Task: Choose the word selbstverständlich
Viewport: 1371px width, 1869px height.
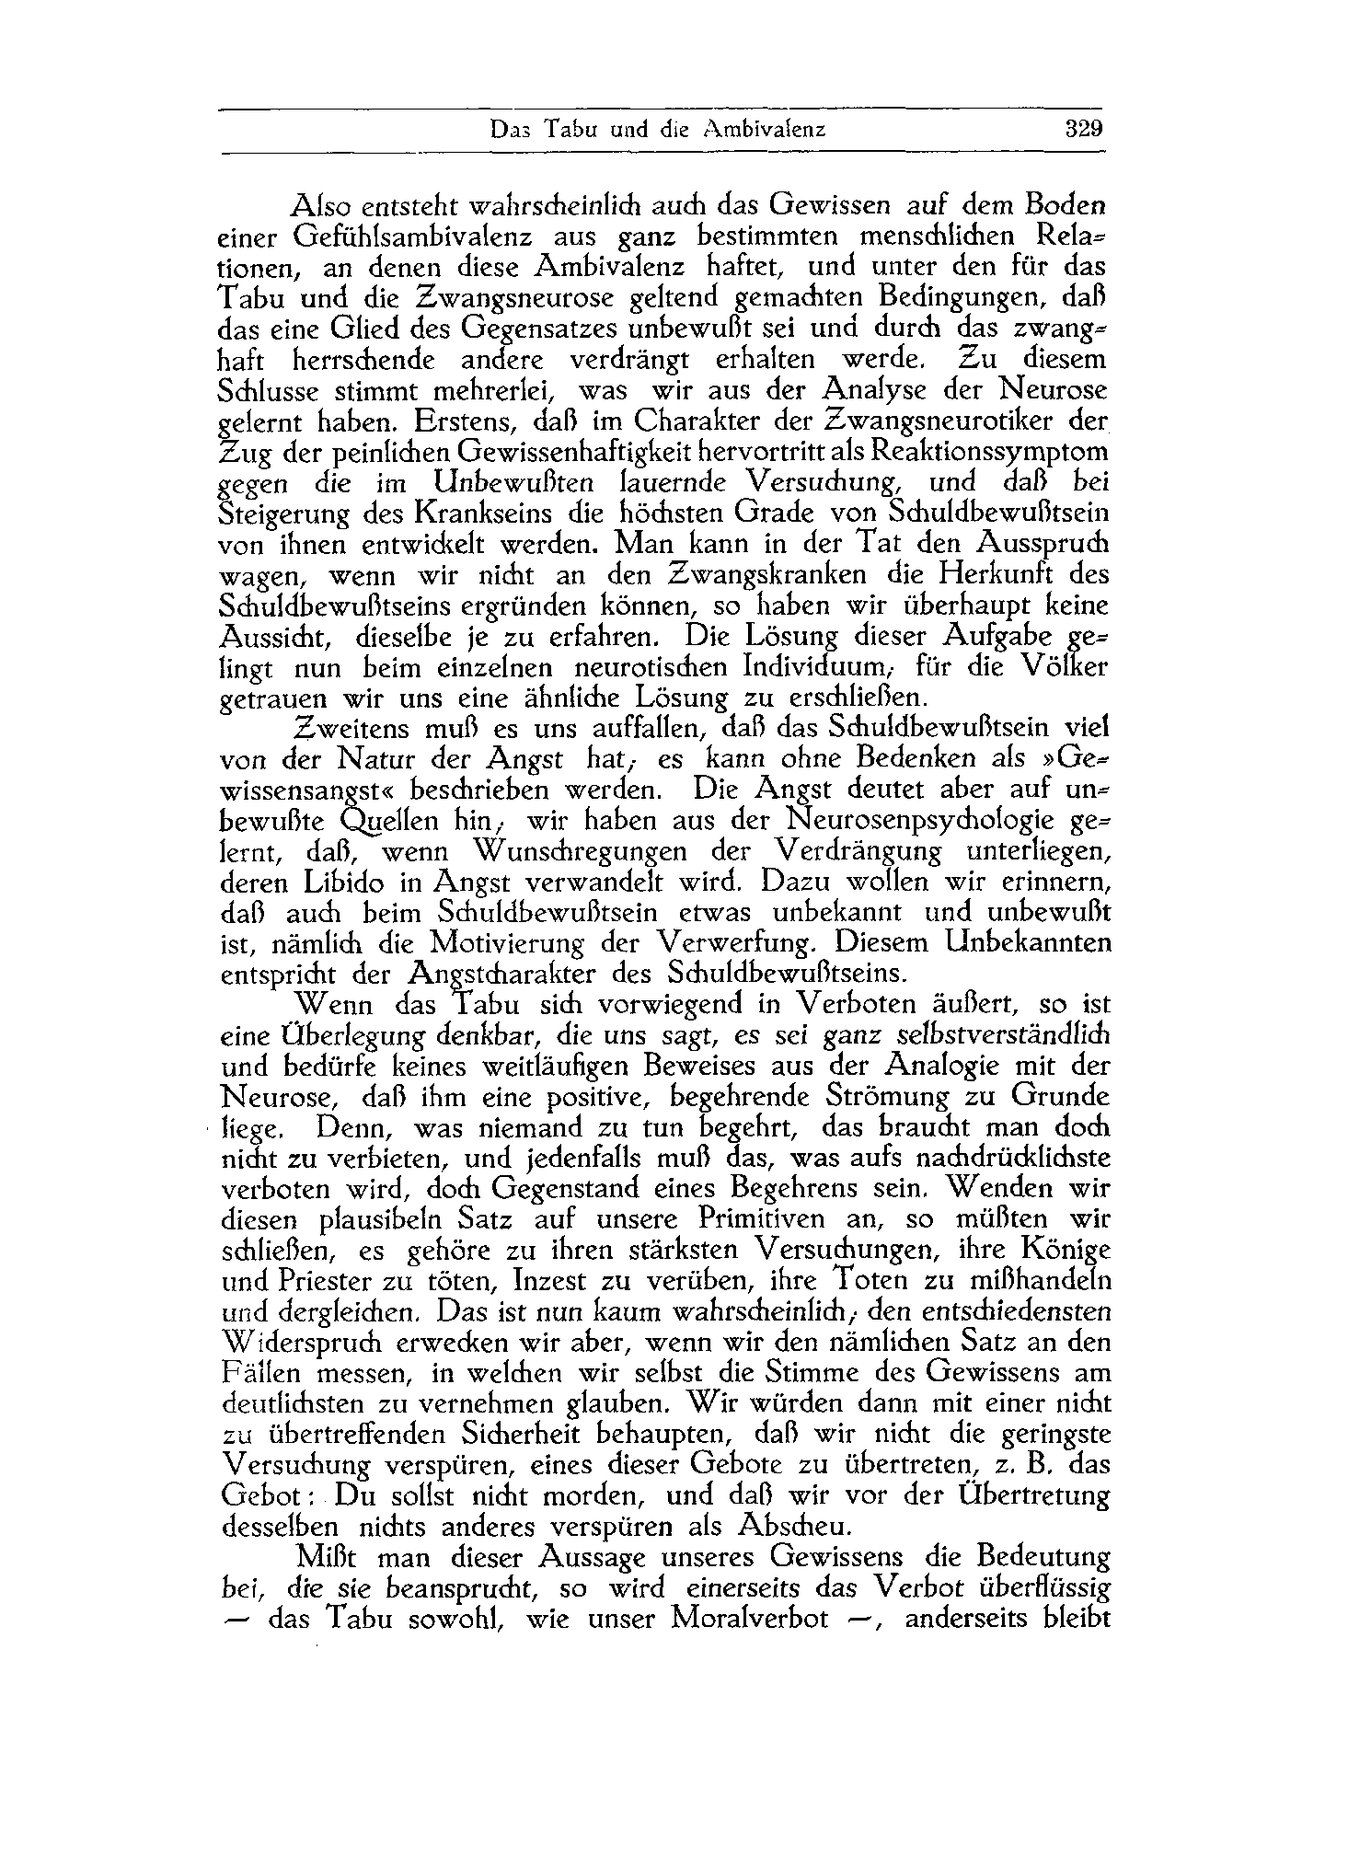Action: [x=1003, y=1035]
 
